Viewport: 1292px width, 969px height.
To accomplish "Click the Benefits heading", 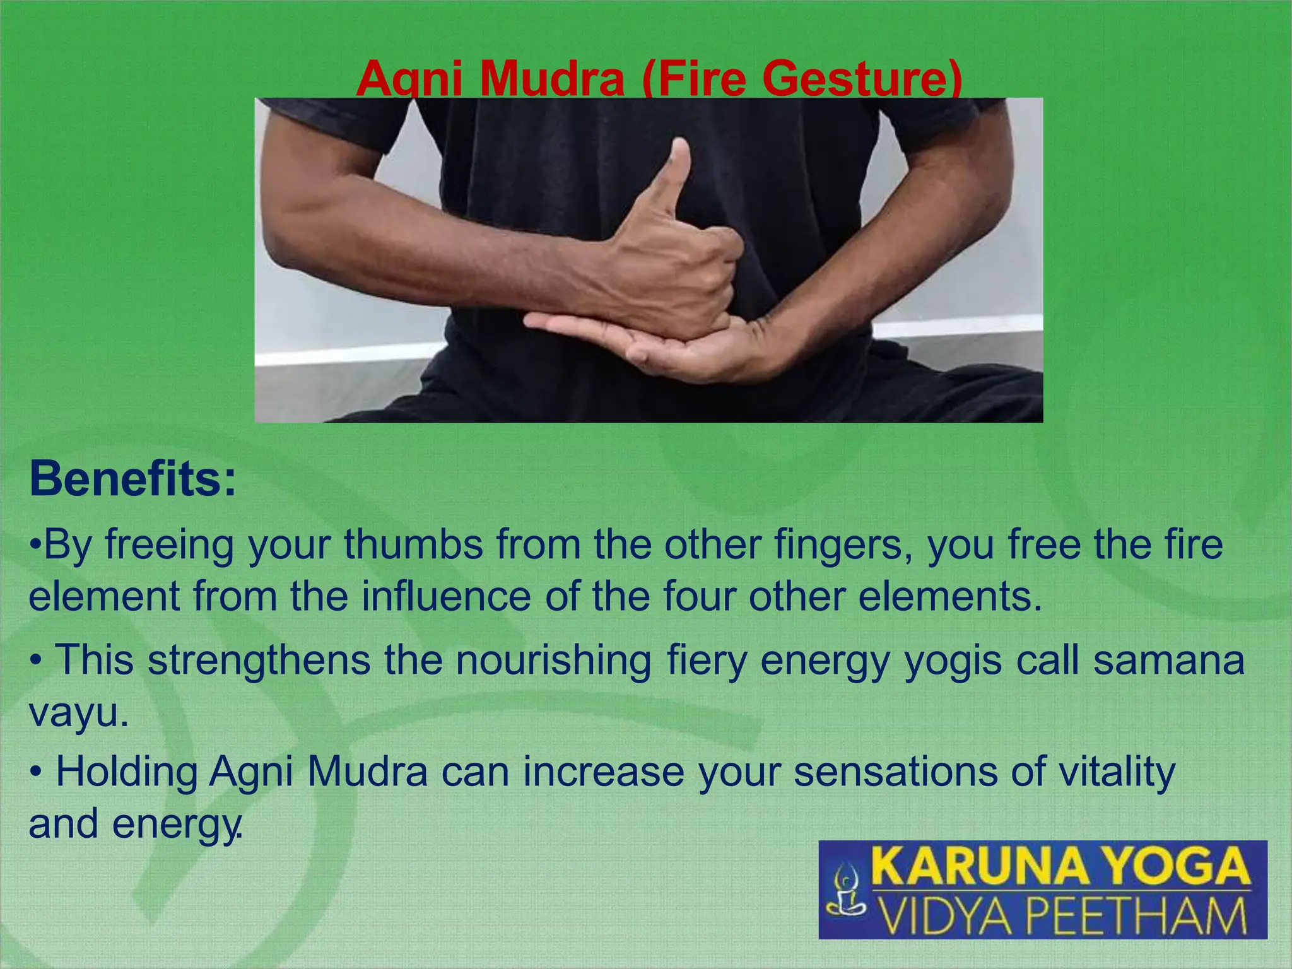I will (132, 479).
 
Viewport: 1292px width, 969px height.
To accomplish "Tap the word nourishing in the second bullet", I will (554, 660).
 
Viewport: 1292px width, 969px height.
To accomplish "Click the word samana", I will (1169, 660).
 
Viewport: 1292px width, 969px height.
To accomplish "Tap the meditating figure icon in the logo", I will (845, 891).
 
